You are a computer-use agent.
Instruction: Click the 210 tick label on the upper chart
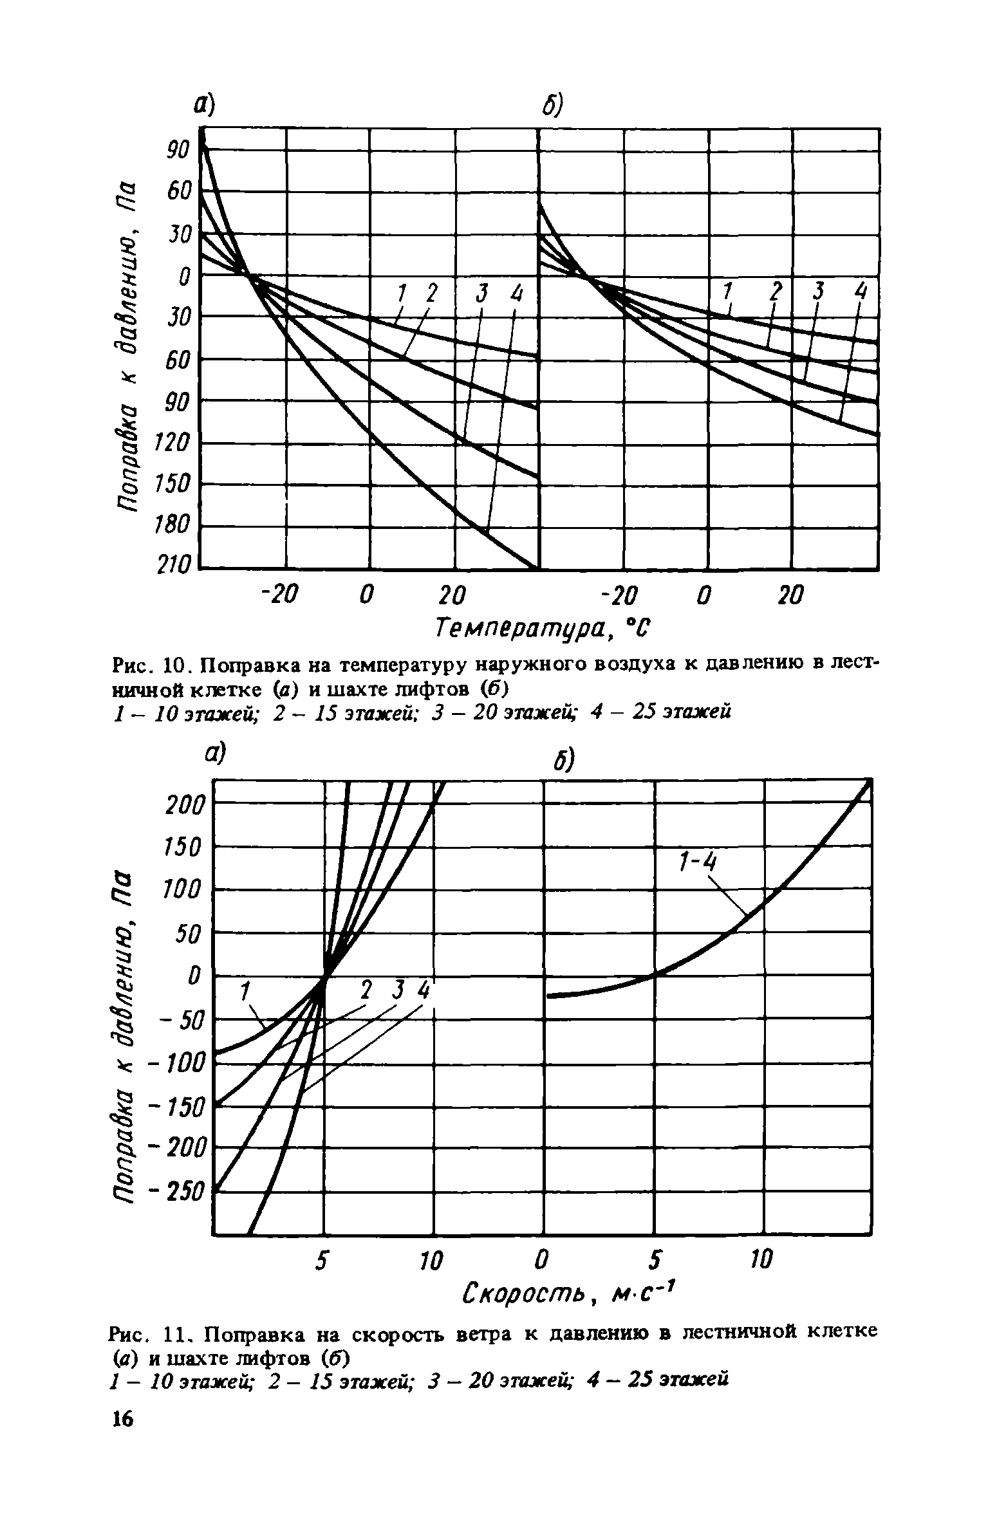(x=174, y=567)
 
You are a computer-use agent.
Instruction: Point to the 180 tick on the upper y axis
(x=174, y=526)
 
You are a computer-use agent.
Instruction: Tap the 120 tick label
(x=174, y=443)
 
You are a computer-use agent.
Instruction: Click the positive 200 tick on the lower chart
(x=185, y=805)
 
